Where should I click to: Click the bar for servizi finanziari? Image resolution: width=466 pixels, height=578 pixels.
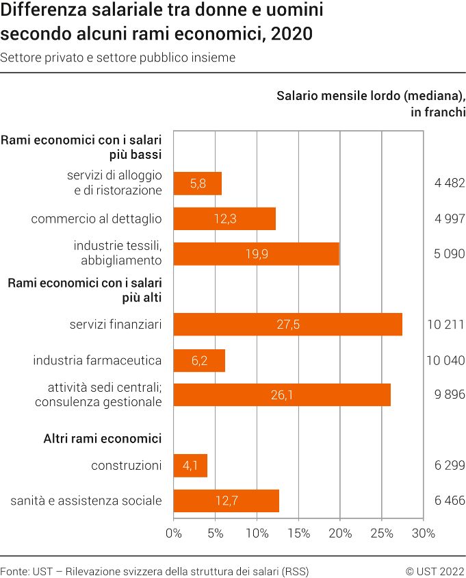click(287, 324)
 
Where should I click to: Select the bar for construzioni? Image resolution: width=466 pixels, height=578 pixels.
click(190, 466)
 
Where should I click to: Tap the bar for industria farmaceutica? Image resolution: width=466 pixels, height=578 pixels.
click(199, 360)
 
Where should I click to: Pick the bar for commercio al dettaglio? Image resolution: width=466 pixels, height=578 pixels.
click(224, 218)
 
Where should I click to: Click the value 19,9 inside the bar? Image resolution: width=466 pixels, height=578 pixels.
click(257, 254)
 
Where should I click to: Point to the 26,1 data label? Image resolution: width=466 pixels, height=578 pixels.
click(282, 395)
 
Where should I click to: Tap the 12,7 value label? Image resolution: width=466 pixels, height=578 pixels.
click(226, 501)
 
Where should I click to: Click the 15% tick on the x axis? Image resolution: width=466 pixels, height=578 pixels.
click(298, 533)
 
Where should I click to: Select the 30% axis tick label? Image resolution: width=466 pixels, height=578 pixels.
click(423, 533)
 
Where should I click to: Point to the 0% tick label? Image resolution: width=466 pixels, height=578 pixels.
click(174, 533)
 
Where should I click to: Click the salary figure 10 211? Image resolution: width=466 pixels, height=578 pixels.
click(446, 324)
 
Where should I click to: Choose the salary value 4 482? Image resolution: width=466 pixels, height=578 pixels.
click(450, 183)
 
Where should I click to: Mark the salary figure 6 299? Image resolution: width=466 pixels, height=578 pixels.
click(450, 466)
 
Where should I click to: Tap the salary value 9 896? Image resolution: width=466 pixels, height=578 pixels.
click(450, 395)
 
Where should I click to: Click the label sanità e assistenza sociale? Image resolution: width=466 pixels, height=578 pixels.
click(86, 501)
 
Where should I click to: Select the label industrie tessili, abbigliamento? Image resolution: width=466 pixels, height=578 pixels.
click(118, 253)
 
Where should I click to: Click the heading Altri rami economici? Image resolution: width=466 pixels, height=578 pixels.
click(103, 438)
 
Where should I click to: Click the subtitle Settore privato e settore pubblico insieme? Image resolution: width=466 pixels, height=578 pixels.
click(118, 58)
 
